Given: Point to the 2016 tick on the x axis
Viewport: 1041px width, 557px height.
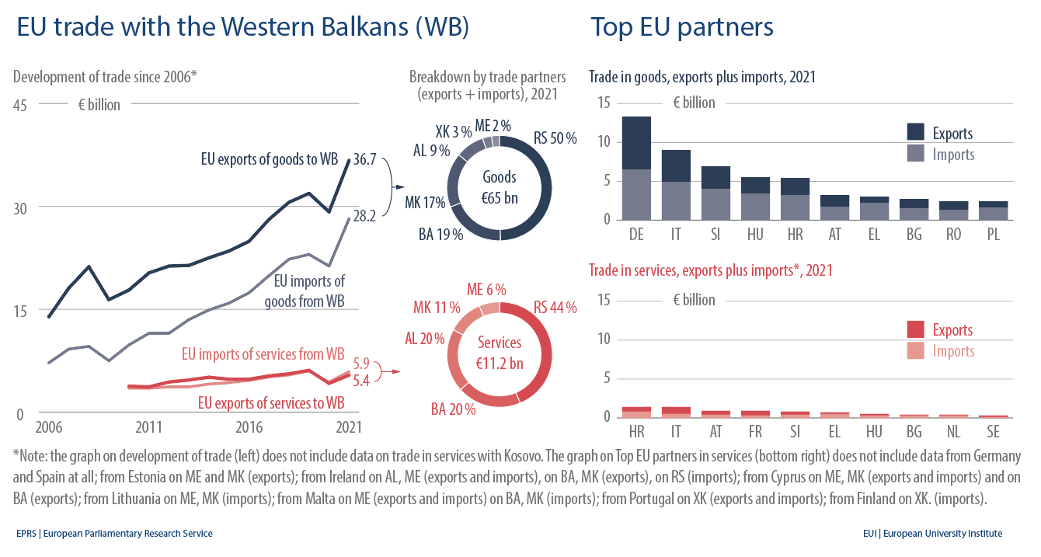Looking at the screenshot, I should click(249, 427).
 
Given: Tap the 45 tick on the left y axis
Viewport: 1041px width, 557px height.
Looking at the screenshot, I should click(20, 105).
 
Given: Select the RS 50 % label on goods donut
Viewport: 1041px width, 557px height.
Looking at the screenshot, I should click(555, 138).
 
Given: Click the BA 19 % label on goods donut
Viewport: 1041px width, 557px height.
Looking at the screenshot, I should click(440, 234).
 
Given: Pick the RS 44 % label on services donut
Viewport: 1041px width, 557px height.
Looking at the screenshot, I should click(555, 308).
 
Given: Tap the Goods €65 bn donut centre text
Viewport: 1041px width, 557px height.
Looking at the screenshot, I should click(500, 187).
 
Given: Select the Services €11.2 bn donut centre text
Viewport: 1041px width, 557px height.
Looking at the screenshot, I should click(500, 353).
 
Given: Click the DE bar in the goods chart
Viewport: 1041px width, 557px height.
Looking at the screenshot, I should click(636, 168).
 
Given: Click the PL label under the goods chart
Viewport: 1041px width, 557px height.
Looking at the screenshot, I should click(993, 234).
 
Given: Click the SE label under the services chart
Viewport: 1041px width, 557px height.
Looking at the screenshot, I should click(993, 431).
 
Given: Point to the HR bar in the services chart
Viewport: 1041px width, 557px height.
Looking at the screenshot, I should click(636, 412).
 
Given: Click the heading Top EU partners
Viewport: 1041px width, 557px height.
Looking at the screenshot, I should click(681, 27).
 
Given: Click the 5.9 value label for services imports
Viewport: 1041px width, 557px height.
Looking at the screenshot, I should click(361, 363).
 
